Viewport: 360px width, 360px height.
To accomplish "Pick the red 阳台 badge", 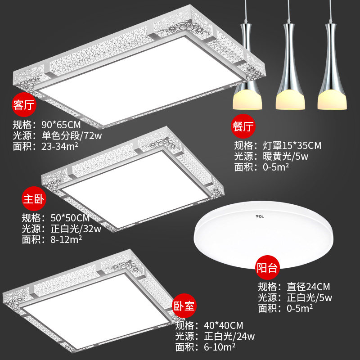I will point(267,268).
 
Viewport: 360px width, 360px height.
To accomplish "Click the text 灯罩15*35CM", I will point(292,146).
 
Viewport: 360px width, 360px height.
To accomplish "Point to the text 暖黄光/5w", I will point(285,157).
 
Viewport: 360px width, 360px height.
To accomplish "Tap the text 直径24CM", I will point(309,287).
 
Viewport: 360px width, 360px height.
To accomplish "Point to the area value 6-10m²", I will point(215,347).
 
